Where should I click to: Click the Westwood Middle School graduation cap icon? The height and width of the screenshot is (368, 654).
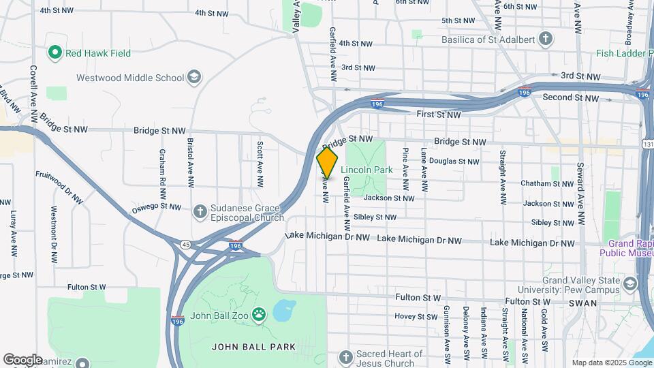194,77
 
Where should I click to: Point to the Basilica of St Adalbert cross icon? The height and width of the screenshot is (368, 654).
546,38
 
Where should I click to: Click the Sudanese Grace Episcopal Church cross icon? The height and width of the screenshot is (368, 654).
200,212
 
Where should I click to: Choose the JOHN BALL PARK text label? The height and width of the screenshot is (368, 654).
253,347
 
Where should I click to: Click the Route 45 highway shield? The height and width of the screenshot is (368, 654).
185,244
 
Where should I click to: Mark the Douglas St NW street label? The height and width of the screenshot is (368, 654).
454,162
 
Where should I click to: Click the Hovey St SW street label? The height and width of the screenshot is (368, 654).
416,316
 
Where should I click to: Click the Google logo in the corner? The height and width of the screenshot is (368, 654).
22,359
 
